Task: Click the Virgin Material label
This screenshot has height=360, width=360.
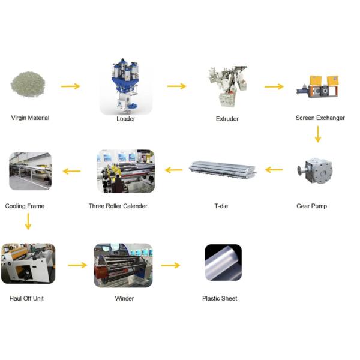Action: click(x=30, y=118)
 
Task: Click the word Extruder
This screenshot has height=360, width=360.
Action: click(x=227, y=119)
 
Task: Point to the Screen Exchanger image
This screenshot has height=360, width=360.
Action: click(x=317, y=88)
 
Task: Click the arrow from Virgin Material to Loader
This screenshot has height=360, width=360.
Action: click(x=71, y=86)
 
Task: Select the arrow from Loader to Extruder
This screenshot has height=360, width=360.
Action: click(x=176, y=86)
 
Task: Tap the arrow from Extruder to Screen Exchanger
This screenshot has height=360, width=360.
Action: click(x=274, y=87)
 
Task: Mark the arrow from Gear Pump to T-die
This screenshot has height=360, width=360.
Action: click(x=274, y=170)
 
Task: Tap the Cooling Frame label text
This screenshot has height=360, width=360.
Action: click(x=25, y=206)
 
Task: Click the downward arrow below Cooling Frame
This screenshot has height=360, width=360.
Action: click(x=28, y=222)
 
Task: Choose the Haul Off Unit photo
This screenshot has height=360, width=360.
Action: click(x=28, y=263)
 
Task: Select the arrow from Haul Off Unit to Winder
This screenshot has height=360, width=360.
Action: click(x=77, y=265)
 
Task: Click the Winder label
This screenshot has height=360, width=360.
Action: click(x=124, y=298)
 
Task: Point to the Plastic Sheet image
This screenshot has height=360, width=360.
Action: click(x=223, y=262)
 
